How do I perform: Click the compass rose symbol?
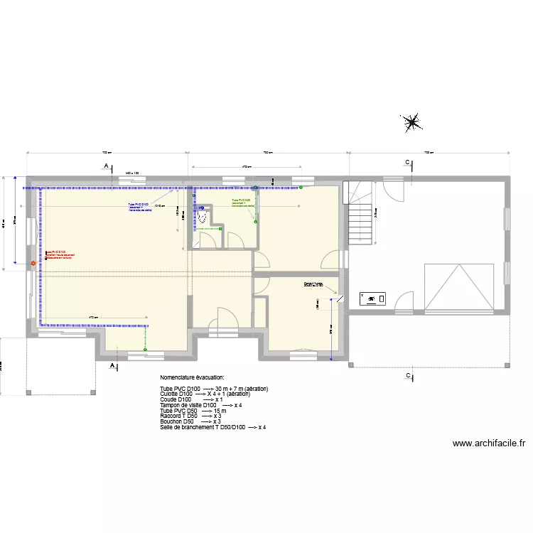pos(412,123)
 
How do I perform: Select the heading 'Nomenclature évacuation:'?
pos(192,377)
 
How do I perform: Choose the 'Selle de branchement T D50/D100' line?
pos(213,427)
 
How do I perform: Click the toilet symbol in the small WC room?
pos(204,215)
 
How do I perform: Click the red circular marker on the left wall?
pos(32,264)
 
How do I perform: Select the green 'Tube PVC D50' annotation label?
pos(242,203)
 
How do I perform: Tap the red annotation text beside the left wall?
pos(60,255)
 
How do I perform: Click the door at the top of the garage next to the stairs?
pos(392,187)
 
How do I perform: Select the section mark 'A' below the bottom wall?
pos(112,365)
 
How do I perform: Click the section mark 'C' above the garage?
pos(407,163)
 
